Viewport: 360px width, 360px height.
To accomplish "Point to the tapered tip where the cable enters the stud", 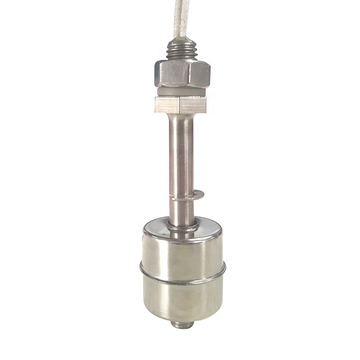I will click(183, 37).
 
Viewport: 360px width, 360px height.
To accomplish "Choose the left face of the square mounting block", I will click(166, 104).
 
